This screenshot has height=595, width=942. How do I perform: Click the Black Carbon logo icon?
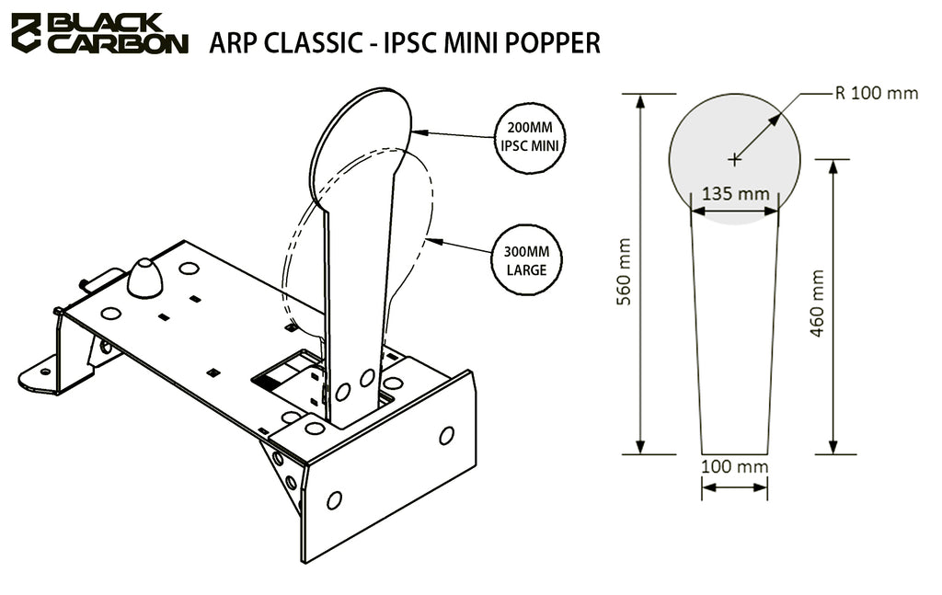point(26,32)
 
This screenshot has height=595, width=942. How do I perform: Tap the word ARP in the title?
point(230,42)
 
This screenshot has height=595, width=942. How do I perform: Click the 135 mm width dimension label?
point(735,195)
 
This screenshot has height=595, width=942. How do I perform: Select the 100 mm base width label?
point(734,466)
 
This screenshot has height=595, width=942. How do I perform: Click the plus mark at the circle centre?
point(734,159)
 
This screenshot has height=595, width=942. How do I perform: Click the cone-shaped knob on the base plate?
point(144,278)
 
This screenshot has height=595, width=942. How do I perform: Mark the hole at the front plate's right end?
point(446,435)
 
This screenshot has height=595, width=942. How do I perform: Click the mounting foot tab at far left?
point(40,375)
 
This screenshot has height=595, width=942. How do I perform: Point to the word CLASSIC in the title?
point(306,42)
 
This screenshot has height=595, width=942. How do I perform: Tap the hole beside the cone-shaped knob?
point(189,269)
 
